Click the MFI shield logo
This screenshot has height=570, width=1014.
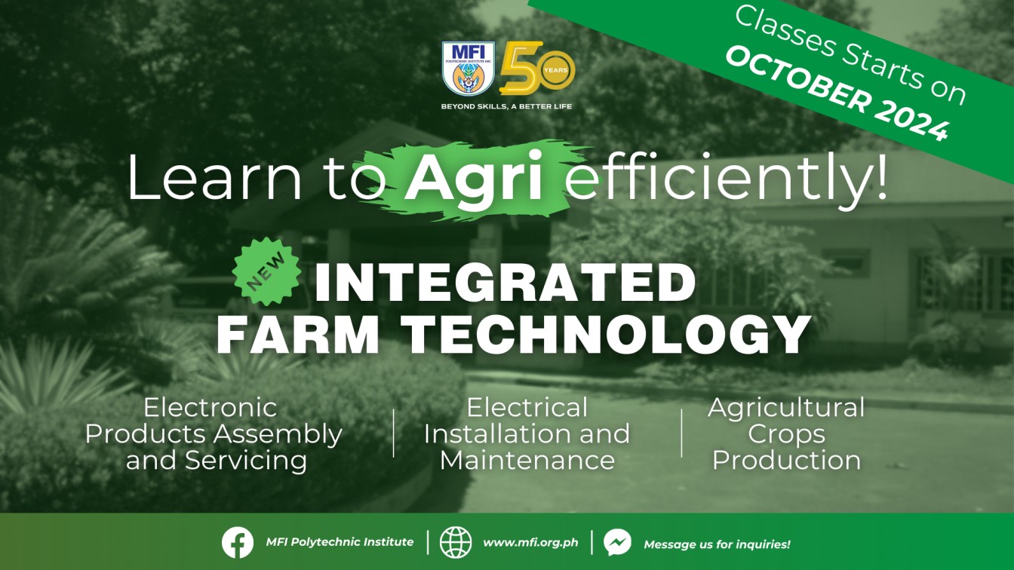pos(469,69)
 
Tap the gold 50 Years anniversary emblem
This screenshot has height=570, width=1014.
pos(537,69)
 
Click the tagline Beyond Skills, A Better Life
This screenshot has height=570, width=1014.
pos(506,107)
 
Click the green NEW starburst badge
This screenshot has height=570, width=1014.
pos(267,272)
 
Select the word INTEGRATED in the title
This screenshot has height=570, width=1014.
pos(505,282)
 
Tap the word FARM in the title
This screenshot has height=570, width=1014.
pos(298,334)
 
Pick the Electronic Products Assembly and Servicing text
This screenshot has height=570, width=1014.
pos(214,434)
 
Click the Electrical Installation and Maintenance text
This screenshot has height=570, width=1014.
pos(527,434)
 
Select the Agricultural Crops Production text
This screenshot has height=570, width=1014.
pos(786,434)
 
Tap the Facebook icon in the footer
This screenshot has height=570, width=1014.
pos(238,542)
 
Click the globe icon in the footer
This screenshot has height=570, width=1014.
pos(456,542)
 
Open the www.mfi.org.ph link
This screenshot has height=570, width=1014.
pos(530,543)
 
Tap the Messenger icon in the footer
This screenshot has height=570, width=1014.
pos(617,542)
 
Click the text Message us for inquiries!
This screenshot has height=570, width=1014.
pos(717,544)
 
